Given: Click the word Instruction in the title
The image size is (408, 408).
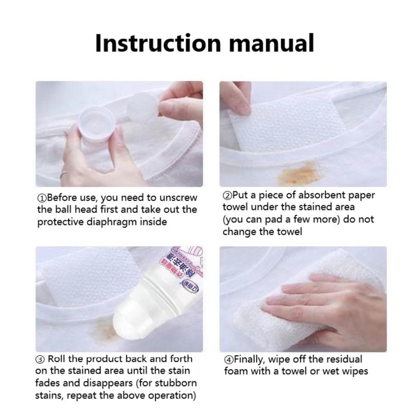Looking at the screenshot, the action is [158, 43].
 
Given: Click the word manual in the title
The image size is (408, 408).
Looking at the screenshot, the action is [271, 43].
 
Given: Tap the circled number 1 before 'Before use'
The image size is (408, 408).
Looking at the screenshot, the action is [41, 198].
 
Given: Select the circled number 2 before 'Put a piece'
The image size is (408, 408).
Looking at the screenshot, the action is [227, 195].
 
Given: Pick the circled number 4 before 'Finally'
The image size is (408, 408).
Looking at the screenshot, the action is [228, 360].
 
